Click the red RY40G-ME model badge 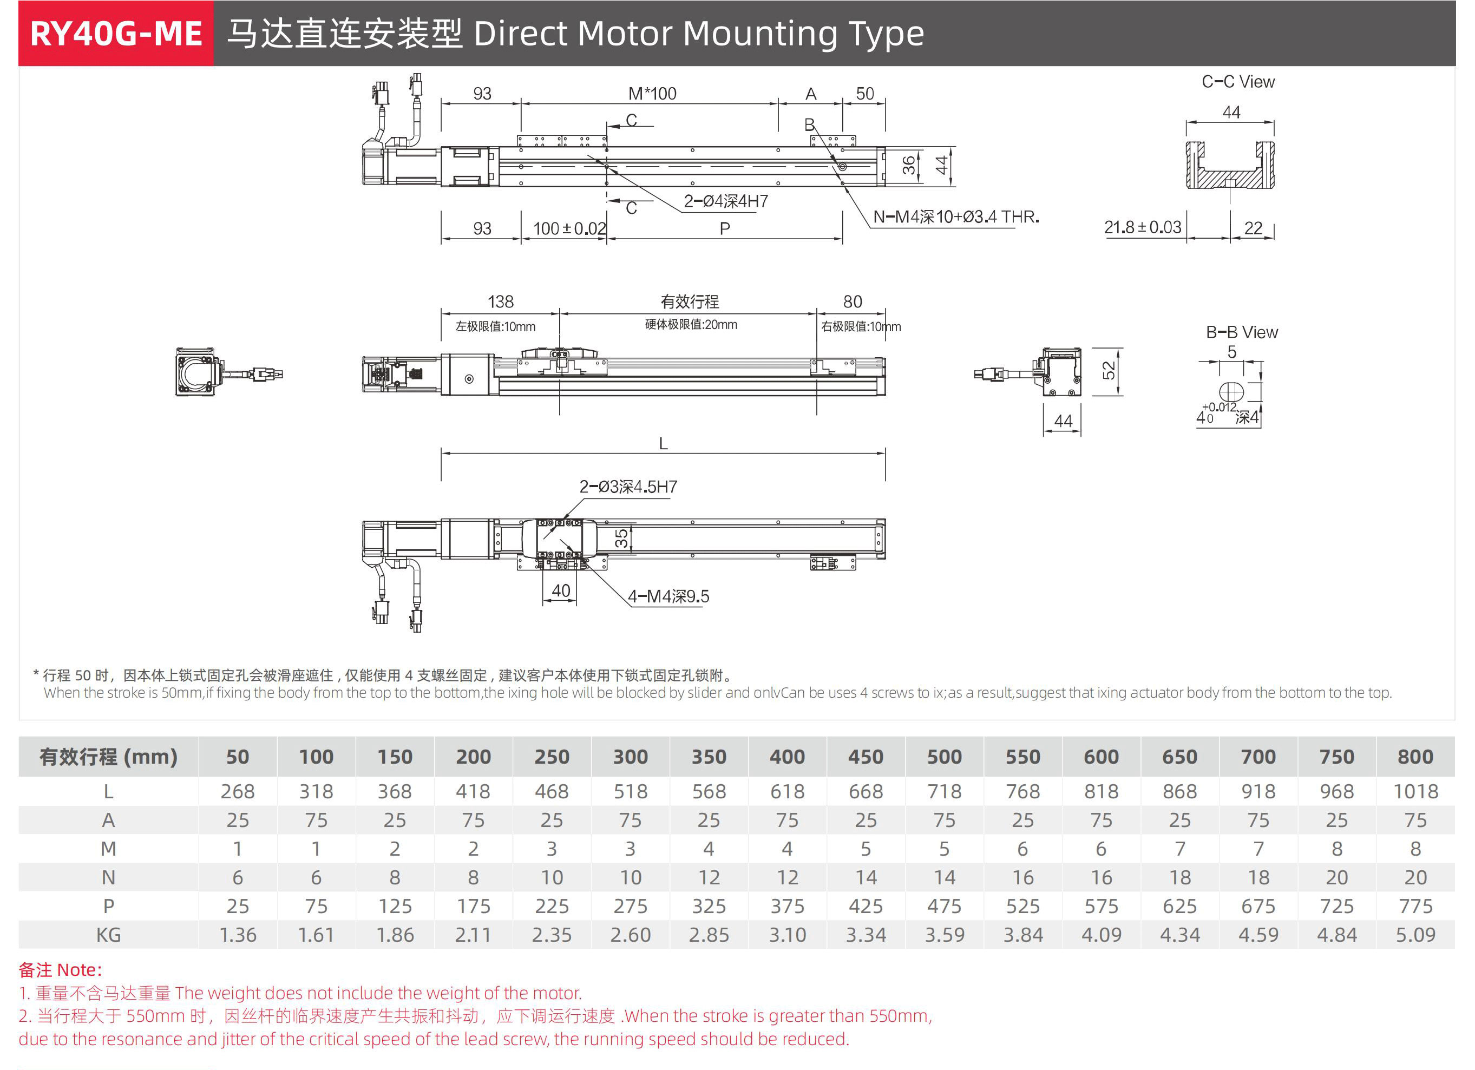tap(116, 34)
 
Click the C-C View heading tap(1237, 82)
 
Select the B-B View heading tap(1242, 332)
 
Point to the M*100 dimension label tap(652, 94)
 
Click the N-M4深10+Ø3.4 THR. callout tap(955, 217)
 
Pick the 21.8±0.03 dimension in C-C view tap(1142, 228)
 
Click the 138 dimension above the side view tap(500, 302)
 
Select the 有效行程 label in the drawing tap(690, 302)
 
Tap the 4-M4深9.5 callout tap(668, 596)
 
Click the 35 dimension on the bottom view tap(621, 538)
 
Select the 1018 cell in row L tap(1415, 792)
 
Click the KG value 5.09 tap(1415, 935)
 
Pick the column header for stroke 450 tap(866, 757)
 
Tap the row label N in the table tap(109, 877)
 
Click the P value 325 tap(709, 906)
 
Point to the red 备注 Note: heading tap(61, 970)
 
